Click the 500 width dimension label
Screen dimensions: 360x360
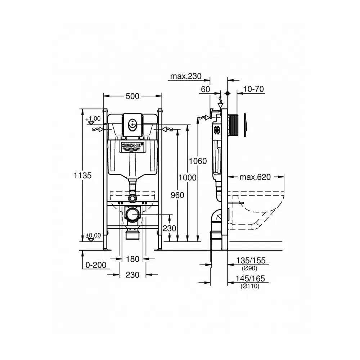click(132, 96)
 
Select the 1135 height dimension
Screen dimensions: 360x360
click(83, 176)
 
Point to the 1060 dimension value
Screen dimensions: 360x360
click(198, 161)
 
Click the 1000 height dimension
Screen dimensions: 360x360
click(188, 177)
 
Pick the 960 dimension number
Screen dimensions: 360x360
click(177, 195)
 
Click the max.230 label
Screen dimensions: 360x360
click(186, 76)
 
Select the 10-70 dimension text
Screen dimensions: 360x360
click(253, 89)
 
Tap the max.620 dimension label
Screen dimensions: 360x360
click(255, 177)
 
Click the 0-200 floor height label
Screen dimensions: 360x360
click(96, 265)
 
